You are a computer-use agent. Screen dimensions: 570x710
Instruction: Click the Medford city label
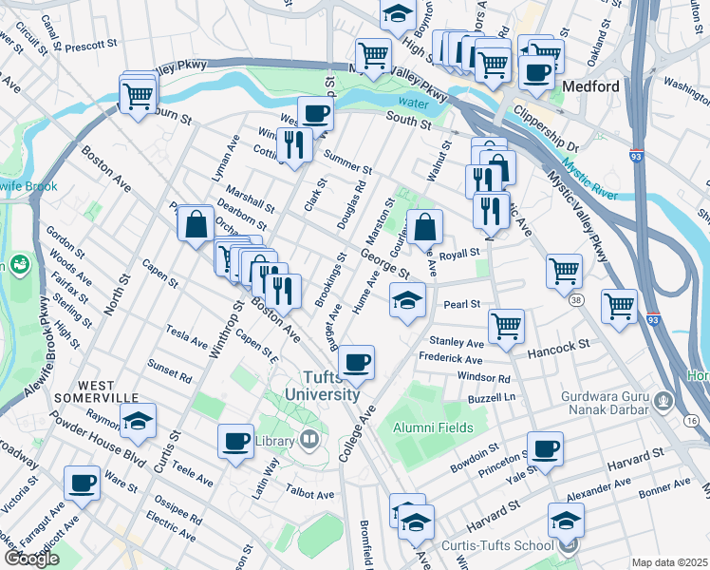[590, 86]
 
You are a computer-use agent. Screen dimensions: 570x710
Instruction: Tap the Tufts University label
[325, 385]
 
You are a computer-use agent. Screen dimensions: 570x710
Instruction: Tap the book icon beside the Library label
[308, 439]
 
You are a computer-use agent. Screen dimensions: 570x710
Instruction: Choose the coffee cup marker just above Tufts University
[356, 362]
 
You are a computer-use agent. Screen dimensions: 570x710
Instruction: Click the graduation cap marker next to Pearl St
[407, 301]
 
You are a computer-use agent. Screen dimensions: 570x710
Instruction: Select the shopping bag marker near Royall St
[426, 227]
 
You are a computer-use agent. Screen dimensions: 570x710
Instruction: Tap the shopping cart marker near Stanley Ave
[507, 326]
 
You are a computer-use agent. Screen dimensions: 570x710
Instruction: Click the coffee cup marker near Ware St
[82, 483]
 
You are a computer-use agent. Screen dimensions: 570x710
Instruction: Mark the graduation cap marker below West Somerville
[139, 420]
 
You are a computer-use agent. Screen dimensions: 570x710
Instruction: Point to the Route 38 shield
[577, 300]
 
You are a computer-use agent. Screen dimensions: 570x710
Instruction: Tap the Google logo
[31, 559]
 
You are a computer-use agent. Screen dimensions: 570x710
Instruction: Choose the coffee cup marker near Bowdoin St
[545, 448]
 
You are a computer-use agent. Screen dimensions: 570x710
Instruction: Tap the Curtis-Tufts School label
[497, 545]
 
